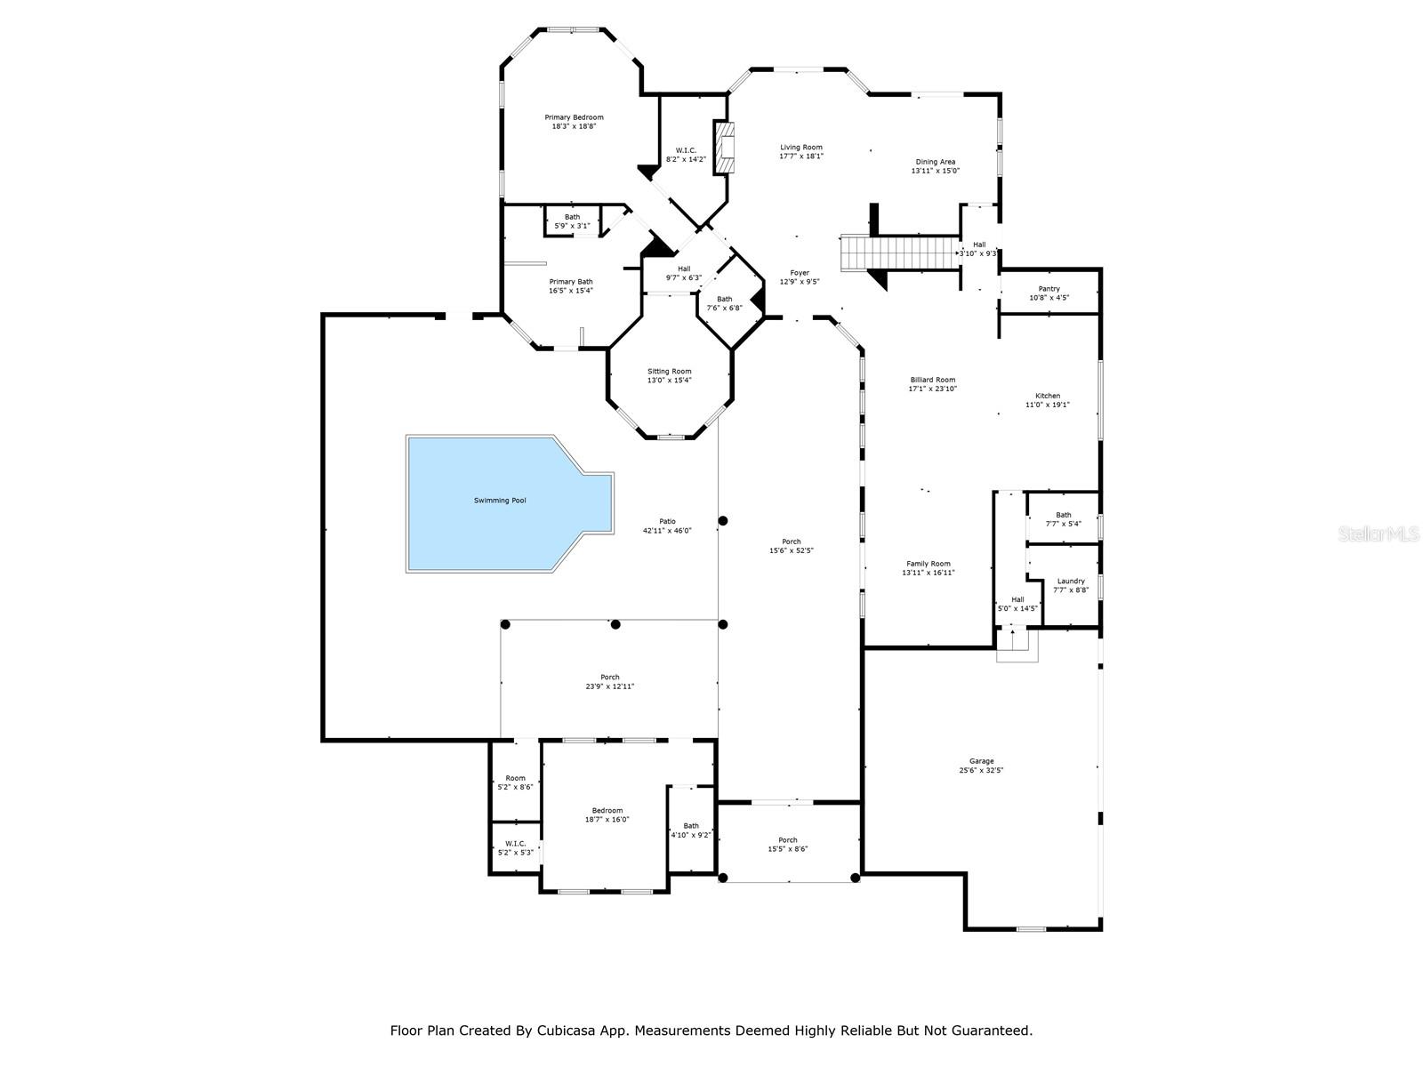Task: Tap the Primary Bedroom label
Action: (574, 117)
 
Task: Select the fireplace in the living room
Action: (724, 147)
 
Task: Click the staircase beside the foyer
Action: (900, 253)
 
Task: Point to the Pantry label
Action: (1049, 289)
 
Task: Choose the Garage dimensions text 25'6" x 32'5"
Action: (982, 770)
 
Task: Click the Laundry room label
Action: (1071, 582)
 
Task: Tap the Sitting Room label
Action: (669, 371)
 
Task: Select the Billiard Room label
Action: (933, 380)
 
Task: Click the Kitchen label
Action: (1048, 396)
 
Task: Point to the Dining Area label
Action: (936, 162)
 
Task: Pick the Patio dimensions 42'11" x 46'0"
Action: (667, 531)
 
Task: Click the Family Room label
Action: (929, 564)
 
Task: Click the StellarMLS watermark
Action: (1379, 534)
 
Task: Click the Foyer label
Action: (800, 273)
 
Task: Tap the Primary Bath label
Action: (571, 282)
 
